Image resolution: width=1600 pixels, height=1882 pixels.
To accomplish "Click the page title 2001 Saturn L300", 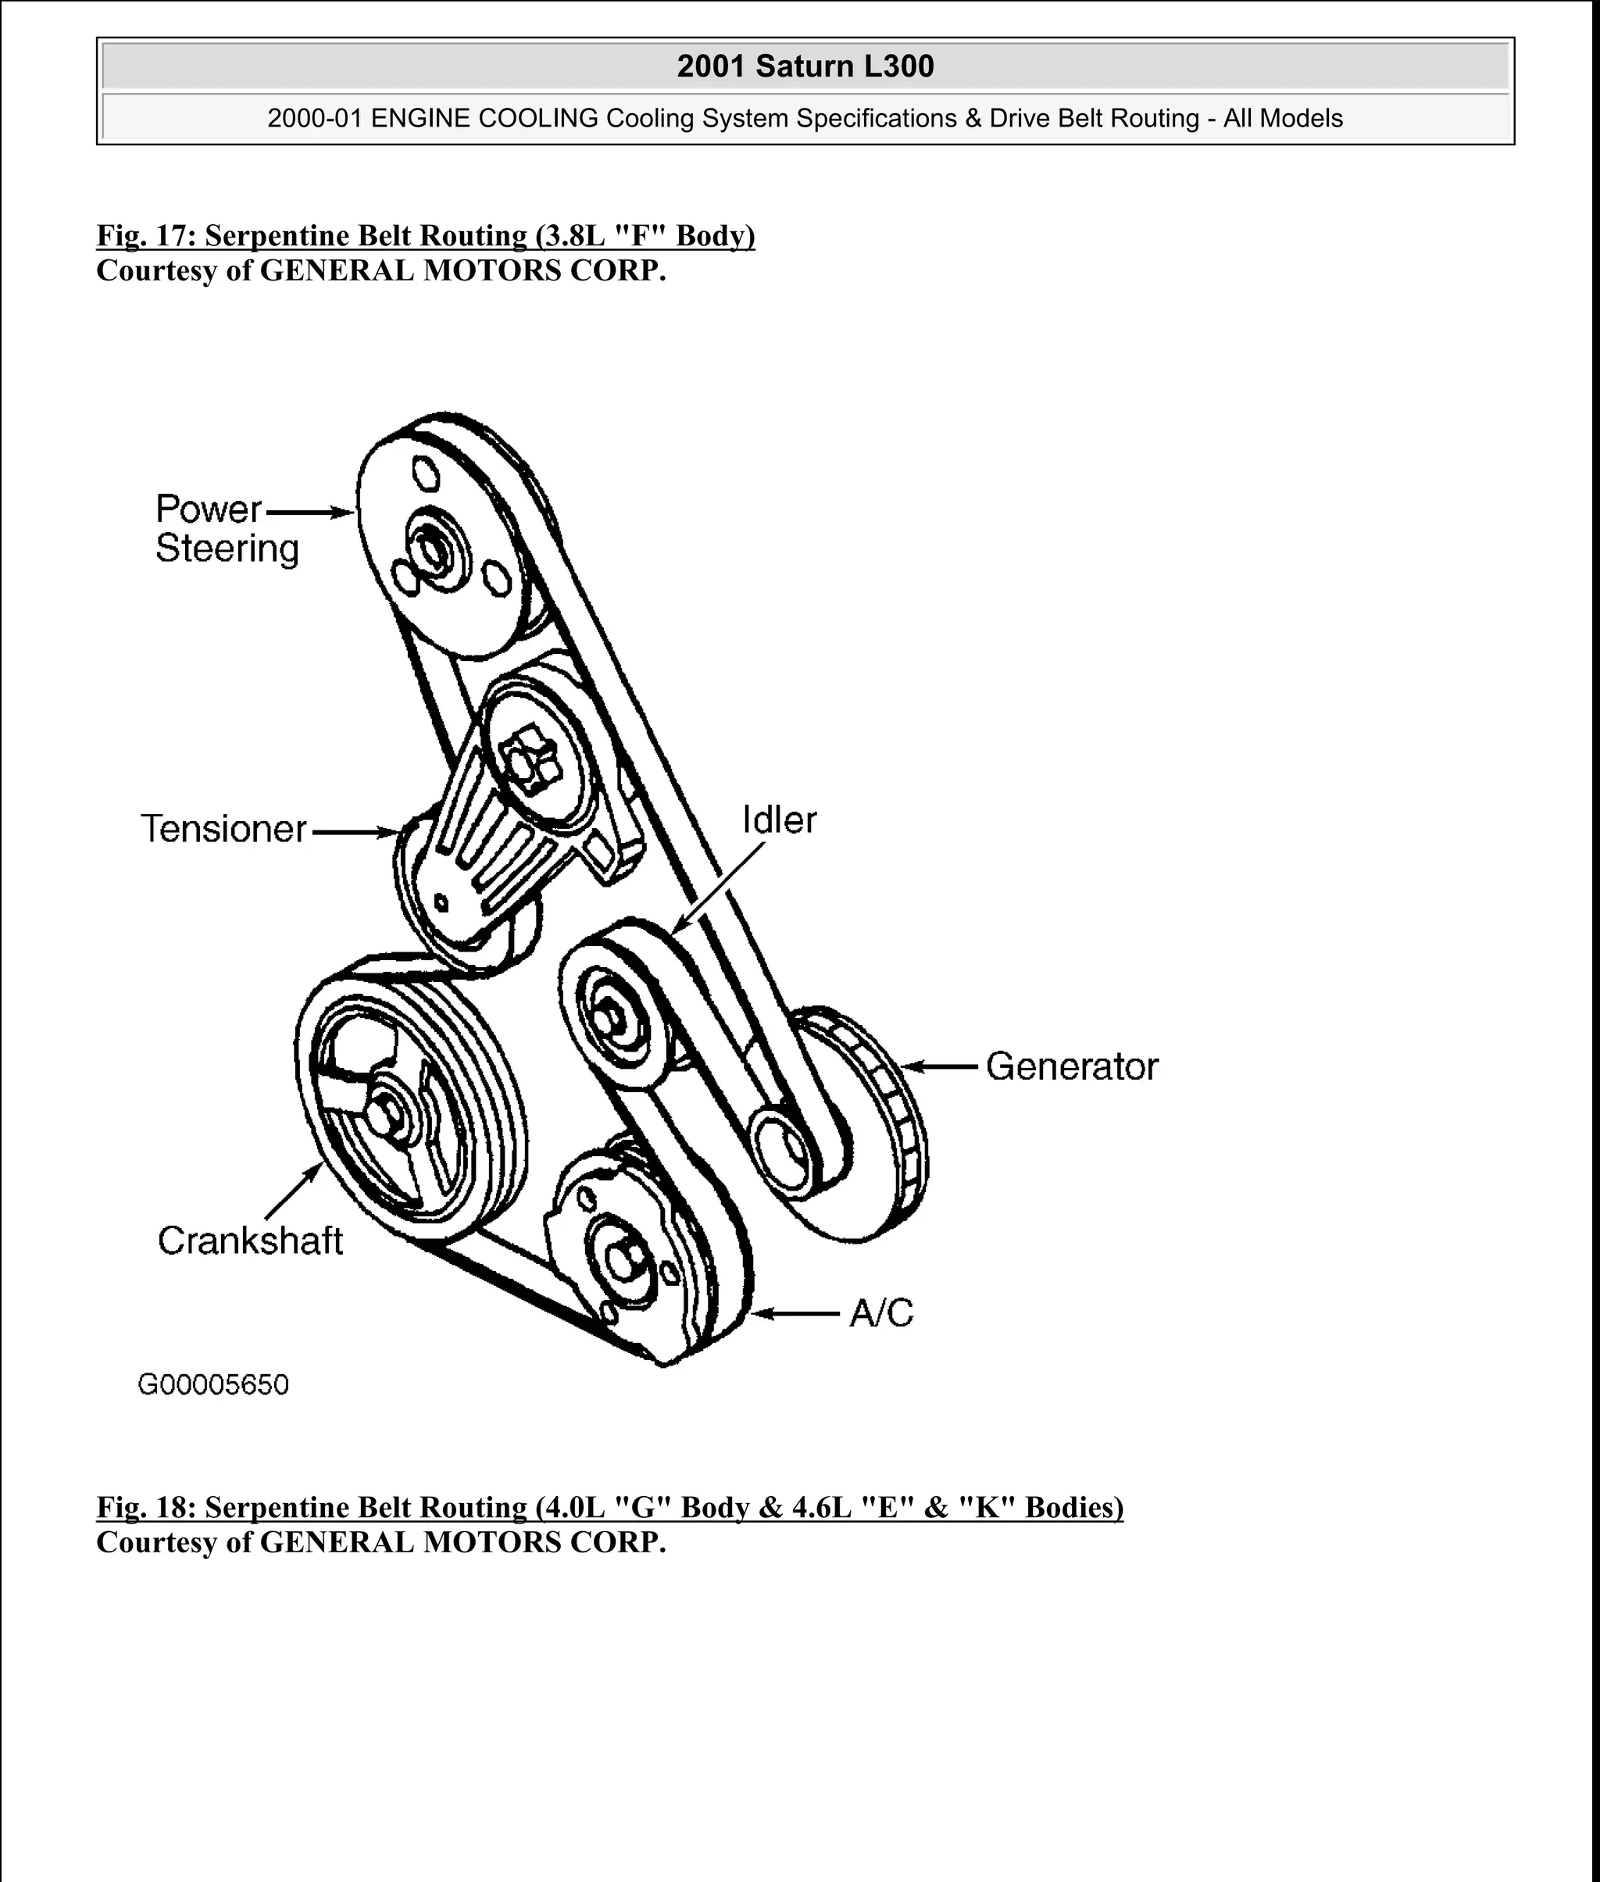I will pyautogui.click(x=805, y=66).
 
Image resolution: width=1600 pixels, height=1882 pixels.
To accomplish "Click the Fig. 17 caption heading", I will pyautogui.click(x=426, y=236).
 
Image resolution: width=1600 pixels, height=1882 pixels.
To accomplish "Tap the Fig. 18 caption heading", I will pyautogui.click(x=609, y=1508).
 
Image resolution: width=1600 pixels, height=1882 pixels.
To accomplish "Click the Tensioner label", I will pyautogui.click(x=224, y=829).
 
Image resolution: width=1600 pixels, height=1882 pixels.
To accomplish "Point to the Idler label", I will pyautogui.click(x=779, y=820).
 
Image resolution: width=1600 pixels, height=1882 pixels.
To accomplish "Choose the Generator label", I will pyautogui.click(x=1071, y=1066).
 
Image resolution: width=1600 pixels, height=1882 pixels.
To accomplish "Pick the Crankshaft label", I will pyautogui.click(x=250, y=1241).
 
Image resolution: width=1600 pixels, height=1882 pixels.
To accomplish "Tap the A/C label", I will pyautogui.click(x=880, y=1313).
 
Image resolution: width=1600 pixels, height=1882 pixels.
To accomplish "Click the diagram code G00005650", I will pyautogui.click(x=213, y=1385).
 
